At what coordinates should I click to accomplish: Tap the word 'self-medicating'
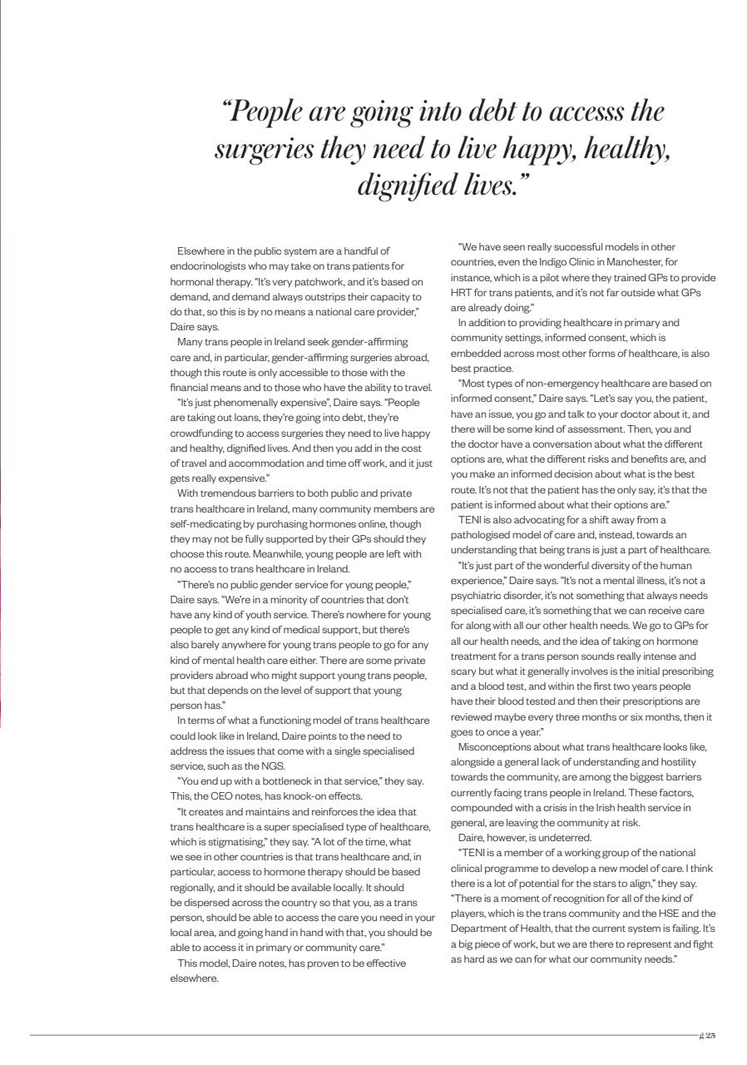tap(204, 523)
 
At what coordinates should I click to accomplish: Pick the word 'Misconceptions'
tap(496, 746)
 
